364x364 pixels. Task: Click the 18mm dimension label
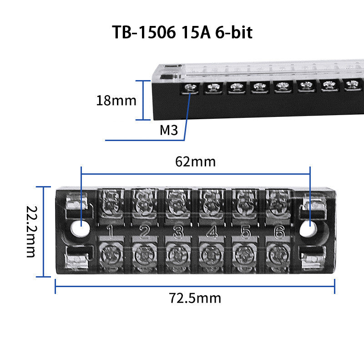tap(116, 101)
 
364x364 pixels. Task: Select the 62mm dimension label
tap(195, 161)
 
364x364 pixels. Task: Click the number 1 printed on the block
tap(110, 232)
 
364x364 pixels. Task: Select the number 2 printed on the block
tap(144, 232)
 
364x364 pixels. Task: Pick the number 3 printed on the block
tap(178, 232)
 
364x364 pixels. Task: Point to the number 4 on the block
tap(212, 232)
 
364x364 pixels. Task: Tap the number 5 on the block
tap(246, 232)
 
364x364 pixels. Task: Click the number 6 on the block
tap(278, 232)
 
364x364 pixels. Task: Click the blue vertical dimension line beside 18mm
tap(143, 100)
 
